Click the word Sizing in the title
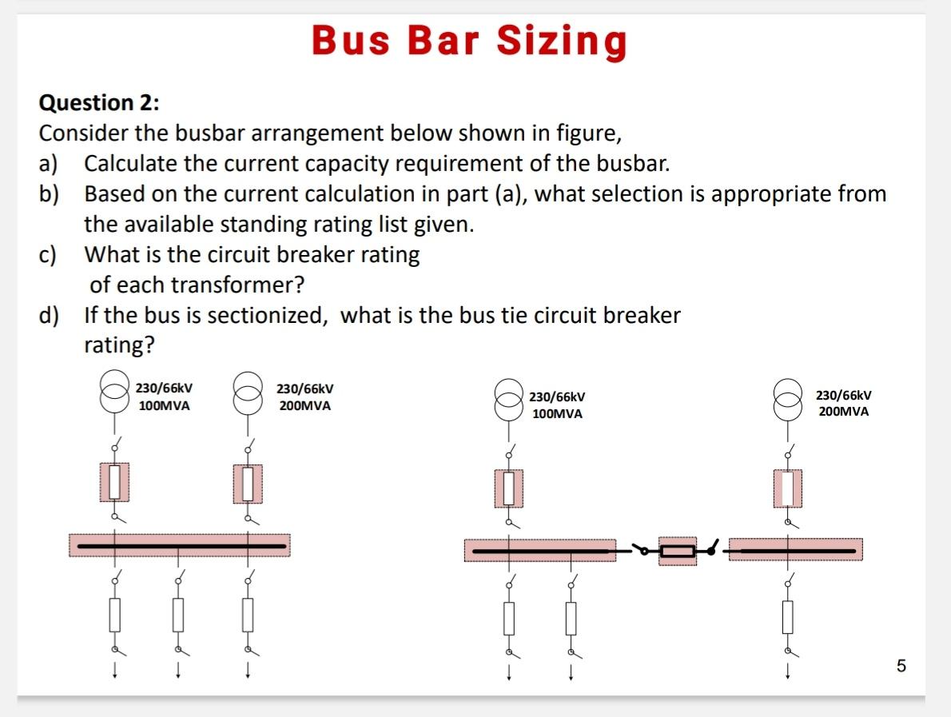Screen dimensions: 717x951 [562, 42]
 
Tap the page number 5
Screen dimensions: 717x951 [901, 666]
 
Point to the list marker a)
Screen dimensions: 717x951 [50, 164]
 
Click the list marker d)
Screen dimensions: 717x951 [50, 316]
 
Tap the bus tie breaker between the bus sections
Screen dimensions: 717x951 [678, 550]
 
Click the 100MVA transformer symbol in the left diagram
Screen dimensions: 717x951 [114, 392]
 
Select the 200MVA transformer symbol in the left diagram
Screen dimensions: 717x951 [248, 392]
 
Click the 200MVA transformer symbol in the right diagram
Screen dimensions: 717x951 [788, 397]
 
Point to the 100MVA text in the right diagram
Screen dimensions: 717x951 [557, 414]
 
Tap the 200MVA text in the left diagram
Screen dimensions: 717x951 [305, 405]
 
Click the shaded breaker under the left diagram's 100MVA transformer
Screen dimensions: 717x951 [114, 481]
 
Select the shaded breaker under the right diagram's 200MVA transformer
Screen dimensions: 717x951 [788, 488]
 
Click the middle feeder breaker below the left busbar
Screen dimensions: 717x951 [178, 614]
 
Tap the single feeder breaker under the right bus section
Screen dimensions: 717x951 [788, 616]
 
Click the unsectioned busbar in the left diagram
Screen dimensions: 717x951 [178, 546]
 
